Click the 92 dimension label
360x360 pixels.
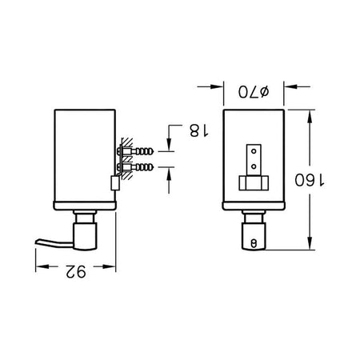click(76, 272)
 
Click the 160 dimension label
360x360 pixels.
click(310, 180)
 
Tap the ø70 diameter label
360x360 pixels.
click(254, 92)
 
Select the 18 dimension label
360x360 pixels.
click(199, 130)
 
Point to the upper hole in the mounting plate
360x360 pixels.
click(254, 151)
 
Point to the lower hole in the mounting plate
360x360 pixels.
click(254, 166)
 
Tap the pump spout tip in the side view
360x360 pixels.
click(38, 242)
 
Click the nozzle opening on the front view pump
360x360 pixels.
click(254, 243)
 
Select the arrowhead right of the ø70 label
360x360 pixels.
click(290, 86)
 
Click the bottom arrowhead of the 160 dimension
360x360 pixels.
click(310, 243)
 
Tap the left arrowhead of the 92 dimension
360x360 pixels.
click(42, 266)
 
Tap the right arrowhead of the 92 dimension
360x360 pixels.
click(110, 266)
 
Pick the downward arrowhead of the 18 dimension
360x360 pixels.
click(169, 145)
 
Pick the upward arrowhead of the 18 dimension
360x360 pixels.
click(169, 174)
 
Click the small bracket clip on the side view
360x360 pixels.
click(115, 183)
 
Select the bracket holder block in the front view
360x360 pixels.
click(254, 183)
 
